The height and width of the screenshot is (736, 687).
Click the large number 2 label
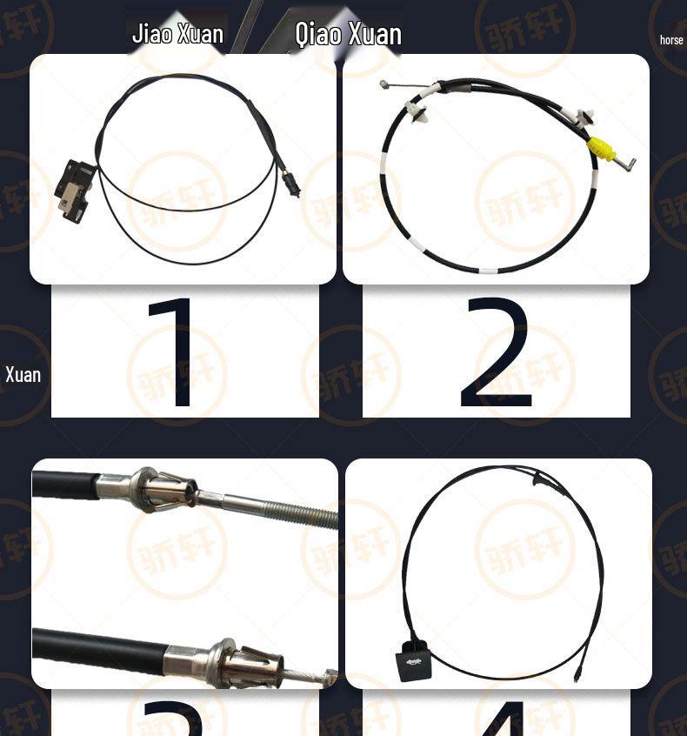point(495,354)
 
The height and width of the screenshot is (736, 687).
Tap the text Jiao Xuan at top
point(177,34)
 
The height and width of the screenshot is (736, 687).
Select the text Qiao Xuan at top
point(348,34)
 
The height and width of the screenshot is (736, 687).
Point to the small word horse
point(671,40)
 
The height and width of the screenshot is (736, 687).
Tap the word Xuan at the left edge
point(23,375)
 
